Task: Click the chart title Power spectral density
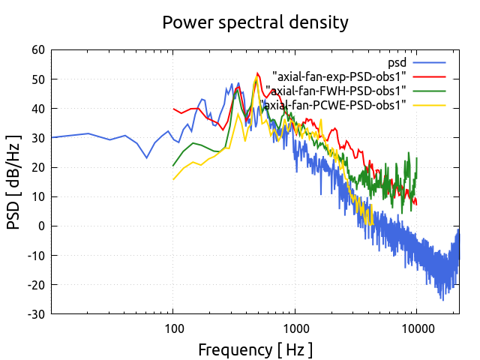pos(255,22)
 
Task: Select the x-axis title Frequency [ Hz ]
pos(255,349)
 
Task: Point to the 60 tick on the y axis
pos(37,50)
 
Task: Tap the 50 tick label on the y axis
pos(37,79)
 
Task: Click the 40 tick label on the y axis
pos(37,109)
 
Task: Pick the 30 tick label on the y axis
pos(37,138)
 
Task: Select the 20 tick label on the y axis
pos(37,167)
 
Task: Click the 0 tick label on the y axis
pos(42,226)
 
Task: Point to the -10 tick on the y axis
pos(35,255)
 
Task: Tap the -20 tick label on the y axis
pos(35,284)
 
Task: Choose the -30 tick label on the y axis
pos(35,313)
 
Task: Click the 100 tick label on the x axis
pos(173,328)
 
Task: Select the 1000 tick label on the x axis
pos(295,328)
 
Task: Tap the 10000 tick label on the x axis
pos(416,328)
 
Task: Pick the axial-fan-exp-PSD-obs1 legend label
pos(340,76)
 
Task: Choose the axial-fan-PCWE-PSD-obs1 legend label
pos(334,105)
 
